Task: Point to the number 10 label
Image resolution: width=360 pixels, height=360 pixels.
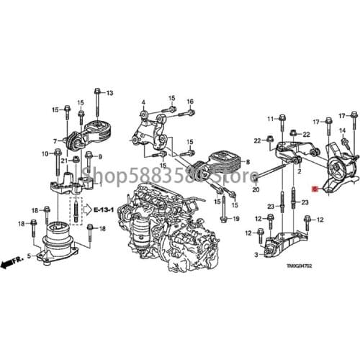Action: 45,153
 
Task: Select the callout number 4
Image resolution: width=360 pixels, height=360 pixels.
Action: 143,102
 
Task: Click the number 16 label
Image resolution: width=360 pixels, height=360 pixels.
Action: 190,102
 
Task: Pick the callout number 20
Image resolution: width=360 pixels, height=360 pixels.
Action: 255,190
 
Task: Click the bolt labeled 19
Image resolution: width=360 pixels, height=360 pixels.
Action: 225,209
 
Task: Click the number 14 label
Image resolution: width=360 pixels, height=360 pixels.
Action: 343,130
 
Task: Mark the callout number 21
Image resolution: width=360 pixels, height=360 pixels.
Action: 63,160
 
